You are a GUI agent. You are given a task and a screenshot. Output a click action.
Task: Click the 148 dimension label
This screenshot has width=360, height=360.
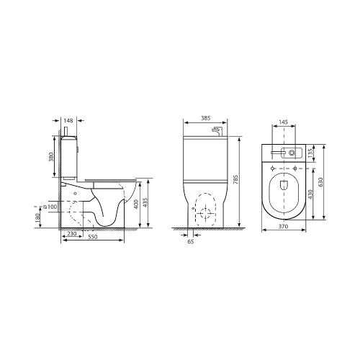point(68,120)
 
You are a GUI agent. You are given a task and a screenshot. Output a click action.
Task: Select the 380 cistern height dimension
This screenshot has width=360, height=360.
point(51,157)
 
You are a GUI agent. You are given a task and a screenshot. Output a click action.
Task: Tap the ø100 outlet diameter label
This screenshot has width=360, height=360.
point(50,207)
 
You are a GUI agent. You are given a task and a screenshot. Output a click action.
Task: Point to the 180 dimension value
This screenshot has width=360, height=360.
point(37,218)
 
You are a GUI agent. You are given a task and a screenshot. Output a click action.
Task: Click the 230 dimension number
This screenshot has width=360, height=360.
point(72,233)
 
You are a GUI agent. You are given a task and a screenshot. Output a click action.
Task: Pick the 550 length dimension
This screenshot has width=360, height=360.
point(93,237)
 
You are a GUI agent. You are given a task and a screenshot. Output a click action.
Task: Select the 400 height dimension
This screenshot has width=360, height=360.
point(136,204)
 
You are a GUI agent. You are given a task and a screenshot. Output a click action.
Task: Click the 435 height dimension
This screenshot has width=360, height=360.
point(145,202)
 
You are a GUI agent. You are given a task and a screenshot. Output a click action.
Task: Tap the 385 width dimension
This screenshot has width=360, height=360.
point(205,118)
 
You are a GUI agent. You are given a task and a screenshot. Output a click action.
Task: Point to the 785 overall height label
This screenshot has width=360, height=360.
point(235,179)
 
